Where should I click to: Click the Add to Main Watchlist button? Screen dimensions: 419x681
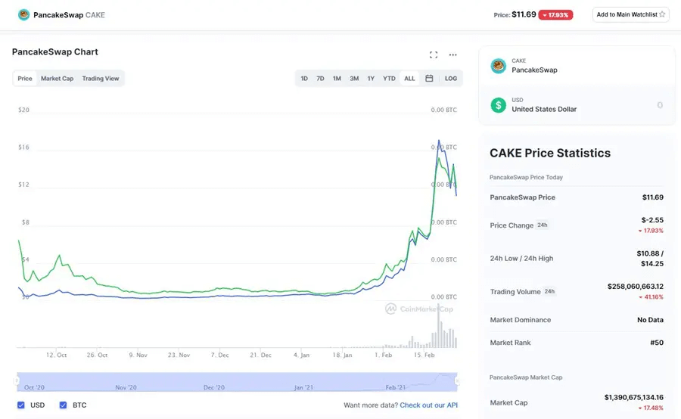tap(630, 14)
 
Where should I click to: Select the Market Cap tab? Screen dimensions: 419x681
tap(58, 79)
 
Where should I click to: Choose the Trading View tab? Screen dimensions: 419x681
tap(101, 79)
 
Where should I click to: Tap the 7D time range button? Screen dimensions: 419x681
tap(320, 79)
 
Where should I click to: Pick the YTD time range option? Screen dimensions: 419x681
tap(389, 79)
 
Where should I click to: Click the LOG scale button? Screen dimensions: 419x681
tap(451, 79)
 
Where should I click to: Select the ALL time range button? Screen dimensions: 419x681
tap(409, 79)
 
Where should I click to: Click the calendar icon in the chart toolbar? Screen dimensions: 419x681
tap(429, 79)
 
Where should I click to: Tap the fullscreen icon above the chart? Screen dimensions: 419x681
tap(434, 54)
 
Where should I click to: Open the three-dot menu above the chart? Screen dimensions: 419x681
tap(453, 54)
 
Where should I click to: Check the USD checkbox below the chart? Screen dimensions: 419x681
tap(21, 405)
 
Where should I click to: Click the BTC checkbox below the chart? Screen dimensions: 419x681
tap(64, 405)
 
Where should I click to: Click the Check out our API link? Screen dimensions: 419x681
tap(428, 405)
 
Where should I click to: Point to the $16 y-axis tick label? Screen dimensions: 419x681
tap(23, 147)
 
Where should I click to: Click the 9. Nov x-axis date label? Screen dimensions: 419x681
tap(138, 355)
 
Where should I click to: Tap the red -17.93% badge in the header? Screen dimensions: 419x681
tap(555, 14)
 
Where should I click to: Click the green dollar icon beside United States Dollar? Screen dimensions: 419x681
tap(498, 105)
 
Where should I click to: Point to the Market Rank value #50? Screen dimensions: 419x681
tap(657, 343)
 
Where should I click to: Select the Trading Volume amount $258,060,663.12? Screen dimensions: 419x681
tap(635, 287)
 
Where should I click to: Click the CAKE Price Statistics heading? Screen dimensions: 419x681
tap(550, 153)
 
